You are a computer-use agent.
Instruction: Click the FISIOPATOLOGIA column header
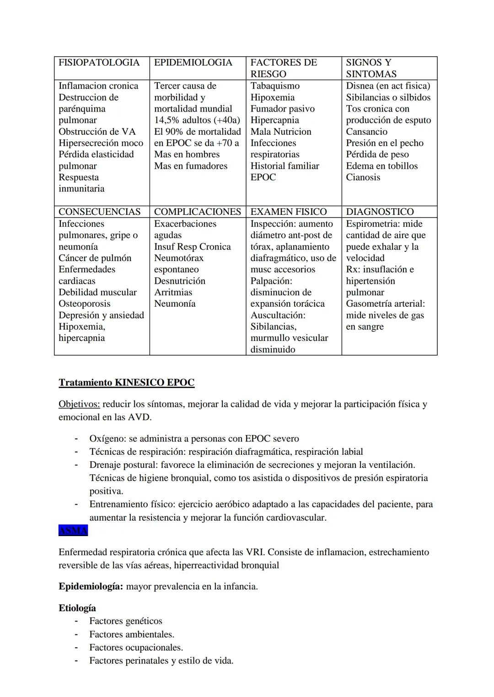tap(99, 63)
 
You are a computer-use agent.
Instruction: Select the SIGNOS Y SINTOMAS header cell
tap(371, 68)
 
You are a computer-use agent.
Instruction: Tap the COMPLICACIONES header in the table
tap(197, 212)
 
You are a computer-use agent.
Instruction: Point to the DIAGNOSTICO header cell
tap(380, 212)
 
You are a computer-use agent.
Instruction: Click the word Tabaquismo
tap(275, 86)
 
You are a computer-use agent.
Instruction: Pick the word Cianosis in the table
tap(363, 177)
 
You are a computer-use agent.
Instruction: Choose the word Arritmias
tap(173, 293)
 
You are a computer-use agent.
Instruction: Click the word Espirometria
tap(373, 224)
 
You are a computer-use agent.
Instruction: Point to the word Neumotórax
tap(178, 258)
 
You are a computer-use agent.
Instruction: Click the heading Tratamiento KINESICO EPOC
tap(126, 383)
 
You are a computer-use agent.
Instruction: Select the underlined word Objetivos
tap(79, 404)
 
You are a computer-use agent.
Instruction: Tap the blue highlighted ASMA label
tap(73, 531)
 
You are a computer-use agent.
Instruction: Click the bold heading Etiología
tap(77, 608)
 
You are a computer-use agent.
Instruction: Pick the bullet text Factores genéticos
tap(126, 621)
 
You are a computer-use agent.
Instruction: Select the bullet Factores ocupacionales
tap(136, 648)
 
